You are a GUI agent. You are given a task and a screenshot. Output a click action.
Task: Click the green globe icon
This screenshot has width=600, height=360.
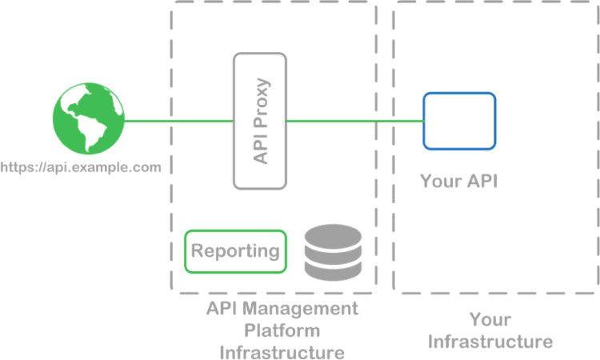coord(88,122)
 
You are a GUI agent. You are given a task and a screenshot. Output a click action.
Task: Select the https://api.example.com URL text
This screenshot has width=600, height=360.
coord(81,167)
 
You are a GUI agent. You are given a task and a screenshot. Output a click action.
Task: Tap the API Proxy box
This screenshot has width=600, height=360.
coord(259,121)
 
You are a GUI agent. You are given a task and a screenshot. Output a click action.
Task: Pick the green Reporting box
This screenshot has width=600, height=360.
coord(235,251)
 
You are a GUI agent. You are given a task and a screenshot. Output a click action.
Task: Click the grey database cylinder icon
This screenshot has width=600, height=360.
coord(333,252)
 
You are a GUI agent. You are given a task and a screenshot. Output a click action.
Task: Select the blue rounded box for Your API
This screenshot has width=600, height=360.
coord(459,121)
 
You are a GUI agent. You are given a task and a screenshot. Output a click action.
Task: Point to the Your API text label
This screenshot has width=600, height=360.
coord(458,182)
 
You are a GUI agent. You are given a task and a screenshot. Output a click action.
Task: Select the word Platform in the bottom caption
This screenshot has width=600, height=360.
coord(282,330)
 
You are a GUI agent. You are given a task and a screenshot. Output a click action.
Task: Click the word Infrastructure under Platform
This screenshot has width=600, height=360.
coord(282,352)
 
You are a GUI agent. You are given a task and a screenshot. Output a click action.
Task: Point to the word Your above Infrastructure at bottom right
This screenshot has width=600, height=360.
coord(490,320)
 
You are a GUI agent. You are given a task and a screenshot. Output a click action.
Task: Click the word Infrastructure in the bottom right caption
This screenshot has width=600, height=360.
coord(490,342)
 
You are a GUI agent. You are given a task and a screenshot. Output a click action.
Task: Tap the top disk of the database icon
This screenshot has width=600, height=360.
coord(333,235)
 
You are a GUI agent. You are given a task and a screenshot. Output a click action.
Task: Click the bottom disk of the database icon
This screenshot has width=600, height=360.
coord(333,270)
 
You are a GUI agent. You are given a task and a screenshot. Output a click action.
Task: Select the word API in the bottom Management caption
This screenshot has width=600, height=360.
coord(222,309)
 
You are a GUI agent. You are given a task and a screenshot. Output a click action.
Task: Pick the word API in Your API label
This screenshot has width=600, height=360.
coord(480,182)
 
